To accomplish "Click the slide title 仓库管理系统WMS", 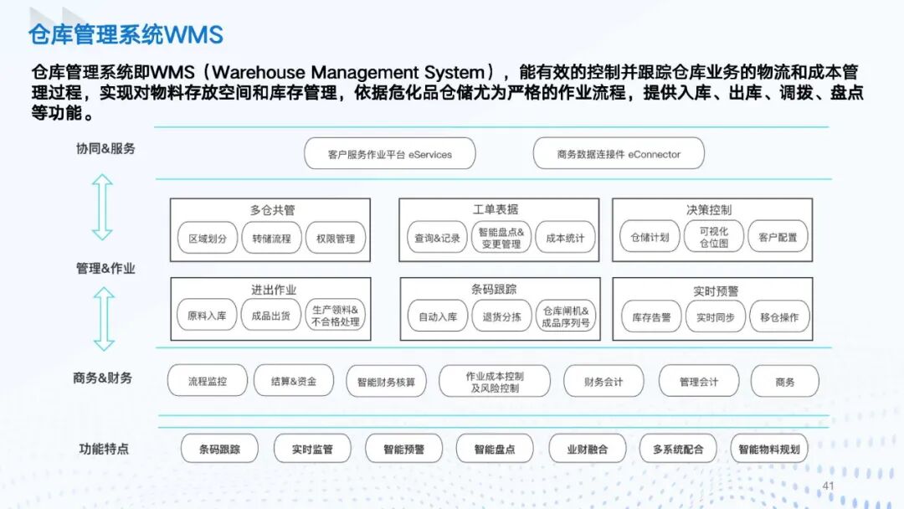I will (126, 34).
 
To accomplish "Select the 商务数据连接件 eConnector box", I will (619, 154).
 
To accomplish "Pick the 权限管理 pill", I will (336, 238).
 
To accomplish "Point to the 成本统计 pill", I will (565, 238).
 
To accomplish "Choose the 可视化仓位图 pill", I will (713, 238).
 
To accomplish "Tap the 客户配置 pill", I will (778, 238).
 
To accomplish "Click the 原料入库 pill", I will (207, 316).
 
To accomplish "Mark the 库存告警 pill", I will (651, 317).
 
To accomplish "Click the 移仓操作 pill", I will (779, 317).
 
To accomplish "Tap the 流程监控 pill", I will (208, 381).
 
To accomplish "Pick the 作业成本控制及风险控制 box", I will (494, 382).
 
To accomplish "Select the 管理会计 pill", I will (699, 381).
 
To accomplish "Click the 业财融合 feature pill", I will (588, 449).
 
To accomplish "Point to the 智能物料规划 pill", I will (769, 449).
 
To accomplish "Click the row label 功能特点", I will (105, 449).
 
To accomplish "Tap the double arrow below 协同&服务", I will (102, 207).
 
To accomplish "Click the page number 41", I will (830, 486).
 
